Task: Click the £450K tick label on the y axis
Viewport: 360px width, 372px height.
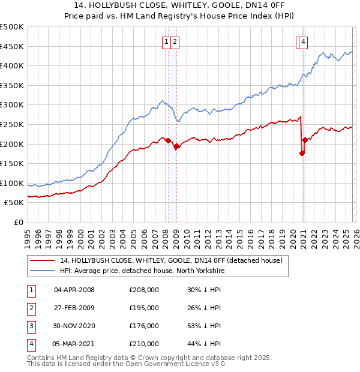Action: [x=12, y=46]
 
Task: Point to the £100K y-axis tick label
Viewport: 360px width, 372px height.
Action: [x=12, y=183]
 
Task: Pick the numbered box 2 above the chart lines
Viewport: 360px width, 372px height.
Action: [x=175, y=41]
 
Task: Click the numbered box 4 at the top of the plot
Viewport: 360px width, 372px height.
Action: [x=304, y=41]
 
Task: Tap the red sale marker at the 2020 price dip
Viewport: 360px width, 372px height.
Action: [x=302, y=153]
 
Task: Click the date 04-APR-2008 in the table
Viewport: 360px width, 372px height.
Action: [x=74, y=290]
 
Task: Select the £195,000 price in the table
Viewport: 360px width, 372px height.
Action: [x=144, y=308]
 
